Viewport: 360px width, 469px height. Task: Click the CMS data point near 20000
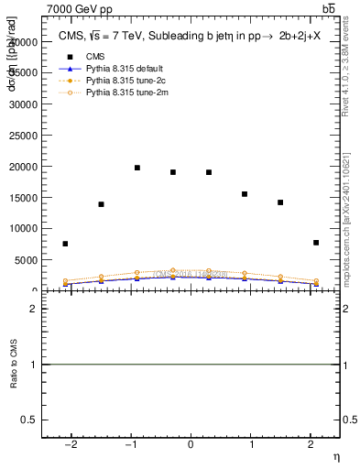(x=137, y=168)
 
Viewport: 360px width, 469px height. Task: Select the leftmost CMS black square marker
(x=65, y=244)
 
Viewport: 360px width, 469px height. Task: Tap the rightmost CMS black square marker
(x=316, y=243)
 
